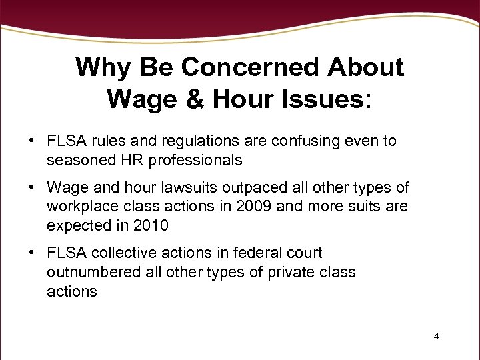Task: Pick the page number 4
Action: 436,336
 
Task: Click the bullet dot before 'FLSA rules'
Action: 31,141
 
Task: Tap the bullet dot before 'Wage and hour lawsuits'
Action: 31,188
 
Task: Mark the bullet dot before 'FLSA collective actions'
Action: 31,253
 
